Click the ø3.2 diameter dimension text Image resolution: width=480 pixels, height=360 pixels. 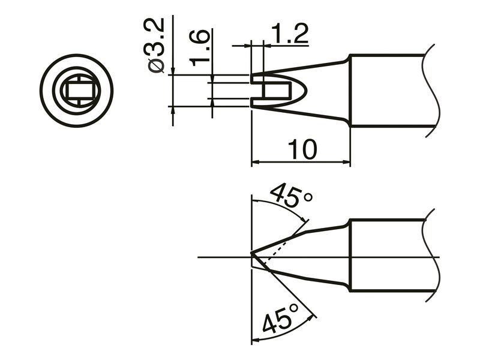(x=156, y=46)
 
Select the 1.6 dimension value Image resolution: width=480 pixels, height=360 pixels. (x=199, y=49)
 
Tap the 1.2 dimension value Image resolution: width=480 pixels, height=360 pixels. (x=290, y=34)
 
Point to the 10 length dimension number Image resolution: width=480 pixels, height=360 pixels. (x=302, y=149)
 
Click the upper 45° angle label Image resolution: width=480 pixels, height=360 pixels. (x=290, y=197)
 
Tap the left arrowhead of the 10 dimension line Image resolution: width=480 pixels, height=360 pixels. (x=256, y=161)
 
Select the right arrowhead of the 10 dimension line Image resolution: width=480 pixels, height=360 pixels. (x=346, y=161)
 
